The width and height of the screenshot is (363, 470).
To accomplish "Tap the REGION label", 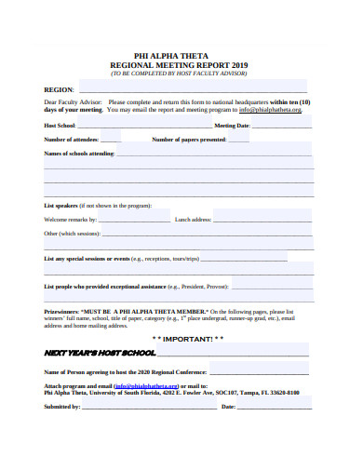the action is tap(59, 89).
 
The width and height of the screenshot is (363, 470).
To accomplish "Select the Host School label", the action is tap(60, 125).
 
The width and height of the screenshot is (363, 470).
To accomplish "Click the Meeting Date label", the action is tap(232, 125).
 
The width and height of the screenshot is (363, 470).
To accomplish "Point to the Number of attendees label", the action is tap(72, 140).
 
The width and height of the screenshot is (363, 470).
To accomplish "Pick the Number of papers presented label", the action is tap(189, 140).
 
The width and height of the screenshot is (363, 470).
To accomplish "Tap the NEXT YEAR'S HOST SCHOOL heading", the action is tap(100, 355).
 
